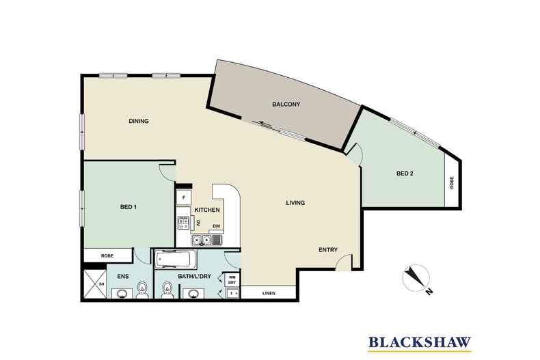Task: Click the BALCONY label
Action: coord(286,104)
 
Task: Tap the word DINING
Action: coord(139,121)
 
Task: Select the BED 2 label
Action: coord(405,174)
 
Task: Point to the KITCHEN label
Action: coord(207,210)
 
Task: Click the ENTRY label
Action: coord(328,250)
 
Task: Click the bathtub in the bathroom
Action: coord(176,260)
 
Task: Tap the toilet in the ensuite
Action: coord(142,290)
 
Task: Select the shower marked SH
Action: coord(95,284)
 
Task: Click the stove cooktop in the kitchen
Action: coord(183,223)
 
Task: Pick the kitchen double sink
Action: coord(202,240)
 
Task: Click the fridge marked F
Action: coord(184,197)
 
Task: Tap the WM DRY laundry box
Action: coord(232,279)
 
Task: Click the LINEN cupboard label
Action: coord(269,293)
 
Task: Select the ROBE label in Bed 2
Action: coord(452,182)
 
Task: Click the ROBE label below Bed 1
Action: coord(107,255)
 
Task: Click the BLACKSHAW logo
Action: coord(420,343)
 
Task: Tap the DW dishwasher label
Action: coord(216,226)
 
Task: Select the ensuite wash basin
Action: coord(122,294)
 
